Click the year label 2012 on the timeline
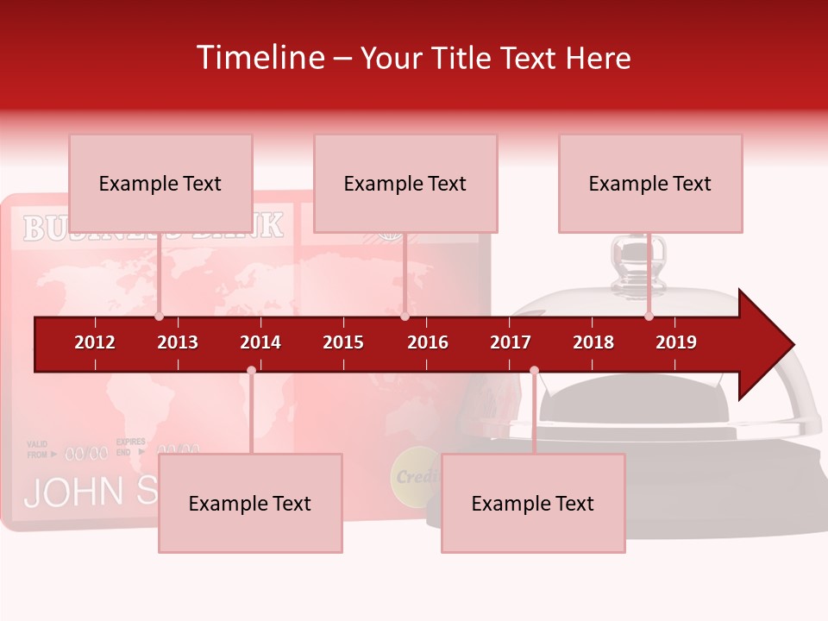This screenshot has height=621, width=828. [x=95, y=342]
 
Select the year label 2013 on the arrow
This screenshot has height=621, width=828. [x=178, y=342]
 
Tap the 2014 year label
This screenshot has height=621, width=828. [x=260, y=342]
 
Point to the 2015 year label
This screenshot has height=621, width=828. [x=343, y=342]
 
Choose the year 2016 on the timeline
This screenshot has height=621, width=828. [x=428, y=342]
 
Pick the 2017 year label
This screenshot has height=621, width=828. [x=511, y=342]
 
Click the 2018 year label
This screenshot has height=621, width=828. [x=593, y=342]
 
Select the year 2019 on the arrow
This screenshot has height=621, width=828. [x=676, y=342]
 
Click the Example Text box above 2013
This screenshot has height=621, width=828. [x=160, y=184]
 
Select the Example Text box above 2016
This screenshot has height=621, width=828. [x=405, y=184]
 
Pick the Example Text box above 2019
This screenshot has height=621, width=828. [x=650, y=184]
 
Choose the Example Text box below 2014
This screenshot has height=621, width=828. [x=250, y=504]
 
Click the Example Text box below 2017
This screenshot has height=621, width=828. [x=533, y=504]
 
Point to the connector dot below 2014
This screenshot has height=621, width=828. [x=251, y=370]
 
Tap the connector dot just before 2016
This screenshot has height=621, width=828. [x=405, y=317]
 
